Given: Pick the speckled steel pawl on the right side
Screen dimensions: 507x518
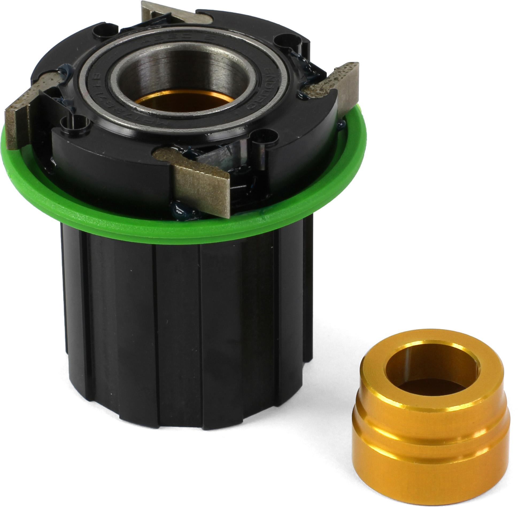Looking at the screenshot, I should tap(334, 85).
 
